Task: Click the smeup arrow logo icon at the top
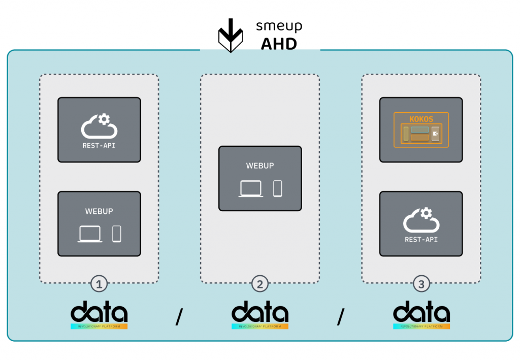(x=231, y=36)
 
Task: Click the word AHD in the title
(x=279, y=44)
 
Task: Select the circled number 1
(x=99, y=284)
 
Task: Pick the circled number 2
(x=260, y=284)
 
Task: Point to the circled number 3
(x=421, y=284)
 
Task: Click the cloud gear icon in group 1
(x=99, y=126)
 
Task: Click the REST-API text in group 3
(x=421, y=239)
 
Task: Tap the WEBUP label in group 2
(x=260, y=166)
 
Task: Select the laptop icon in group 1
(x=90, y=234)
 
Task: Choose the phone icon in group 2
(x=277, y=188)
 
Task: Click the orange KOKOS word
(x=421, y=119)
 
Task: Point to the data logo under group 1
(x=99, y=315)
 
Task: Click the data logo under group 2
(x=260, y=315)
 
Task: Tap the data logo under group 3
(x=421, y=315)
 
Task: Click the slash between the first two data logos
(x=179, y=317)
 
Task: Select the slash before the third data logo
(x=340, y=317)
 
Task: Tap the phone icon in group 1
(x=117, y=234)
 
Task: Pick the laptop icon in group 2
(x=251, y=188)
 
